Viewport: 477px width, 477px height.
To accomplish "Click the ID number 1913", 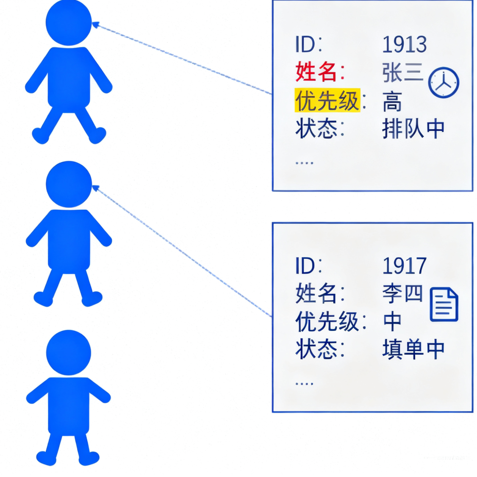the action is click(404, 44).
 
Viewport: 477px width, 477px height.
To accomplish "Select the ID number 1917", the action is click(404, 266).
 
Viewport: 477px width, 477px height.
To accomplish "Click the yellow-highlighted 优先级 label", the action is click(327, 100).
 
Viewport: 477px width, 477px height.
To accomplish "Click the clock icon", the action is click(444, 83).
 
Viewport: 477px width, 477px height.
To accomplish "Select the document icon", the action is click(444, 304).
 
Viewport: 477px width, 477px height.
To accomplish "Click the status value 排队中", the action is click(413, 129).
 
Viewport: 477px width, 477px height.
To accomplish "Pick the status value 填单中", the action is click(413, 349).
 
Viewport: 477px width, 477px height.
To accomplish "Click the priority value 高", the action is click(392, 102).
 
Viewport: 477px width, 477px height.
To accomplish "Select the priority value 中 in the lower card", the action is click(392, 322).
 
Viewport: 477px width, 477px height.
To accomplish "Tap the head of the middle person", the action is click(69, 184).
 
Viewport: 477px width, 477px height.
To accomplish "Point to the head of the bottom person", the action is click(69, 352).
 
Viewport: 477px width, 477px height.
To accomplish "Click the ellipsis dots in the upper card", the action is click(304, 162).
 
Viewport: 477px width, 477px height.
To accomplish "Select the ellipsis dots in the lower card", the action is click(304, 383).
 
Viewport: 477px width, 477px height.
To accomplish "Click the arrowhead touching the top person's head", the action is click(95, 25).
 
